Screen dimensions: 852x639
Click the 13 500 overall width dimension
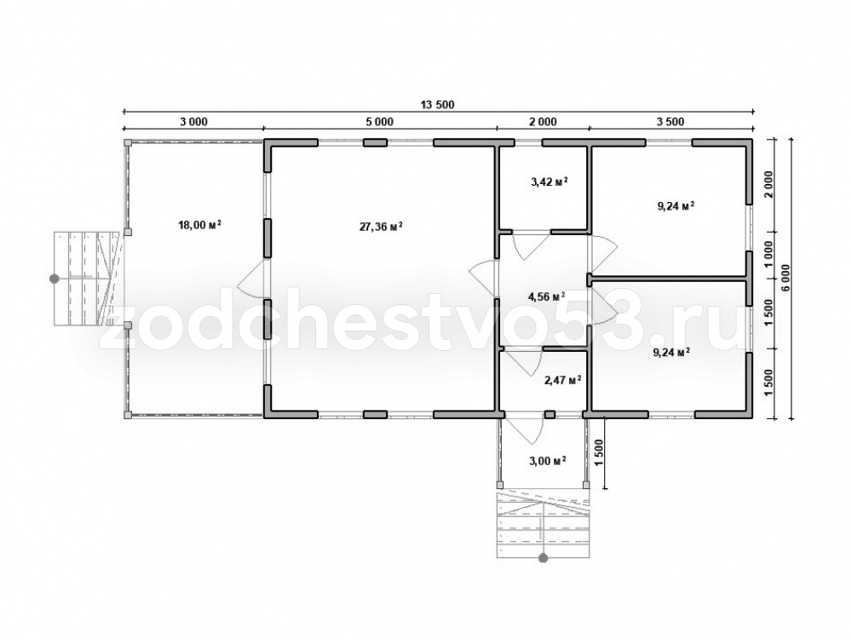tap(437, 105)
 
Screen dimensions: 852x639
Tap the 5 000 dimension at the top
tap(379, 122)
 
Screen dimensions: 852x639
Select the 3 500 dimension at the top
tap(671, 122)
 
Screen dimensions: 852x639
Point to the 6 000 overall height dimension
tap(786, 279)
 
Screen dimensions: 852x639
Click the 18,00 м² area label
tap(199, 224)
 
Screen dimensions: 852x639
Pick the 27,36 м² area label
tap(381, 226)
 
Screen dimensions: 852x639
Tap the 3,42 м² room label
tap(550, 181)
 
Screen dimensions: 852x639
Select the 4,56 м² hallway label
tap(547, 296)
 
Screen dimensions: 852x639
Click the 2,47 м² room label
tap(563, 380)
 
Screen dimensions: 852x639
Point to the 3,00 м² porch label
tap(548, 461)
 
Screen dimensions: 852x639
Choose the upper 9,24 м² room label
tap(676, 206)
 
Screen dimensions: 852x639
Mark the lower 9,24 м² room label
tap(671, 352)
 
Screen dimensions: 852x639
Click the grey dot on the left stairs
tap(54, 279)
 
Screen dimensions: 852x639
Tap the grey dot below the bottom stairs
tap(542, 557)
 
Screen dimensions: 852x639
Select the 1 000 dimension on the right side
tap(768, 255)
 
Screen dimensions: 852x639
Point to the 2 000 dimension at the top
tap(543, 122)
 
